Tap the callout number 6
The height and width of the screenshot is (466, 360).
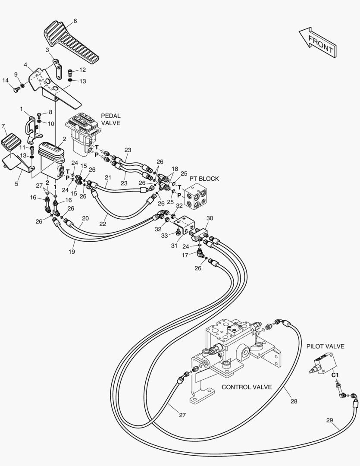click(x=75, y=21)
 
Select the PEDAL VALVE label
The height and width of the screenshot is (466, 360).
click(x=111, y=120)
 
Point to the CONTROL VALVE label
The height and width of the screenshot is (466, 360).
click(x=247, y=387)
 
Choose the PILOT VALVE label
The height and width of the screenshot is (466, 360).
click(x=325, y=346)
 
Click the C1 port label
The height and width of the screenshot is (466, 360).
click(x=335, y=375)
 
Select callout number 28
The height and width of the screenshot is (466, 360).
click(x=294, y=401)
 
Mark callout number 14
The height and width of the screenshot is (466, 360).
click(x=6, y=80)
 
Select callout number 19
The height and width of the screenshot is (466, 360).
click(x=72, y=252)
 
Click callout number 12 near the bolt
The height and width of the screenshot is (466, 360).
click(x=83, y=70)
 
